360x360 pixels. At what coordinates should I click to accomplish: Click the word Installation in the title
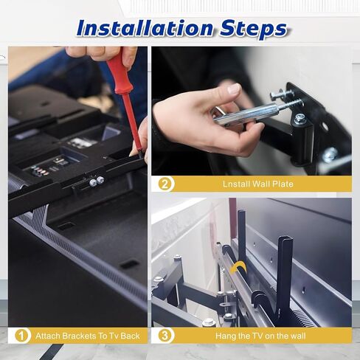pyautogui.click(x=145, y=28)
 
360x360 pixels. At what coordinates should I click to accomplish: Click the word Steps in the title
pyautogui.click(x=254, y=30)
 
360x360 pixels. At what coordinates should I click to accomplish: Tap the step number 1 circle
pyautogui.click(x=22, y=336)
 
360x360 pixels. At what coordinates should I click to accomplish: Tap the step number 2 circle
pyautogui.click(x=165, y=184)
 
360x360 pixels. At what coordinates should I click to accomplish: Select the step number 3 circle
pyautogui.click(x=165, y=336)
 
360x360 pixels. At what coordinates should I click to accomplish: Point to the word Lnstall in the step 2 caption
pyautogui.click(x=235, y=184)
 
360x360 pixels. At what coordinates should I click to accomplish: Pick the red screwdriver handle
pyautogui.click(x=120, y=74)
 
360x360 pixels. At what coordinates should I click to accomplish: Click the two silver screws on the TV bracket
pyautogui.click(x=97, y=181)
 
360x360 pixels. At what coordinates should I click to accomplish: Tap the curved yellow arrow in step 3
pyautogui.click(x=238, y=266)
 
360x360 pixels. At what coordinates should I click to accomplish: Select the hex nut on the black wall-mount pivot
pyautogui.click(x=300, y=119)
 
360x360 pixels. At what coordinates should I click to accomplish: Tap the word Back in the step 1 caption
pyautogui.click(x=130, y=336)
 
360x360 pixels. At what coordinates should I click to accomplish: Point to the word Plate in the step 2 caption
pyautogui.click(x=283, y=184)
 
